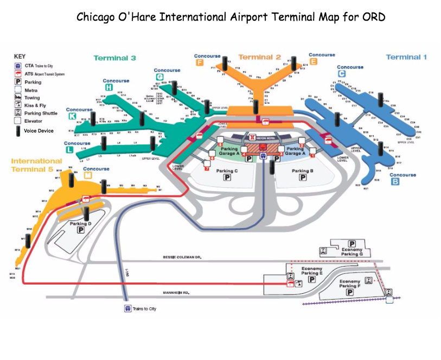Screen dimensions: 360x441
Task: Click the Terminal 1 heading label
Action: coord(406,57)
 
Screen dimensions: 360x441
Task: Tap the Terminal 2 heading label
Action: coord(259,57)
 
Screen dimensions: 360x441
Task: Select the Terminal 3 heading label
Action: coord(114,58)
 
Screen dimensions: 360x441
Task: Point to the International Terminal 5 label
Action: coord(36,165)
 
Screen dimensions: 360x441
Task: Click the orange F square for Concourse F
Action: coord(200,62)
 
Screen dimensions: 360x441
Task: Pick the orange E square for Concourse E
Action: coord(314,62)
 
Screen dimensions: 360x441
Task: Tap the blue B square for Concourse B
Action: coord(395,182)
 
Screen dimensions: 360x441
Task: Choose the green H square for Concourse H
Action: coord(109,87)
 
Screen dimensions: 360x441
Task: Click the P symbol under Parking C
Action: coord(228,178)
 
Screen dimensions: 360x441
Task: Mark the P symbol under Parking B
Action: coord(303,178)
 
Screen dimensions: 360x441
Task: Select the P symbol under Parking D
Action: coord(81,230)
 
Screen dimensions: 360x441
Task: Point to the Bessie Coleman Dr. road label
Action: coord(182,257)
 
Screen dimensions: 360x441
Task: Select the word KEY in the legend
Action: coord(20,56)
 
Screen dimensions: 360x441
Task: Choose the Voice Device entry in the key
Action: coord(38,130)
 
